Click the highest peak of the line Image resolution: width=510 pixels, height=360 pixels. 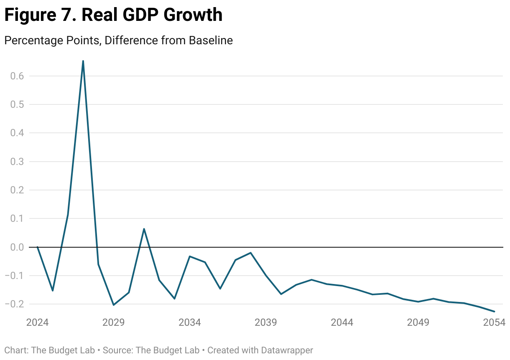[83, 61]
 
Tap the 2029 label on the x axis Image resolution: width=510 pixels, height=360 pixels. [114, 323]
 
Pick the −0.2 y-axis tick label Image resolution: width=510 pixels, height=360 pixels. [15, 304]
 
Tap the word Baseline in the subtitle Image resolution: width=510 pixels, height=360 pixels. [211, 41]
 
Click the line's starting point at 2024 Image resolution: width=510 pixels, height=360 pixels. [38, 247]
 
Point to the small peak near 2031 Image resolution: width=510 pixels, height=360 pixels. [144, 229]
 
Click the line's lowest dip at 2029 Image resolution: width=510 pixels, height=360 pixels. [114, 305]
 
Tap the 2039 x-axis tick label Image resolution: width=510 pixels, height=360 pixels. [266, 323]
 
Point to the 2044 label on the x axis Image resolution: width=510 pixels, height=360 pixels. [342, 323]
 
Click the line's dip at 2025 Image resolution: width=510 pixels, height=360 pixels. [53, 291]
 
